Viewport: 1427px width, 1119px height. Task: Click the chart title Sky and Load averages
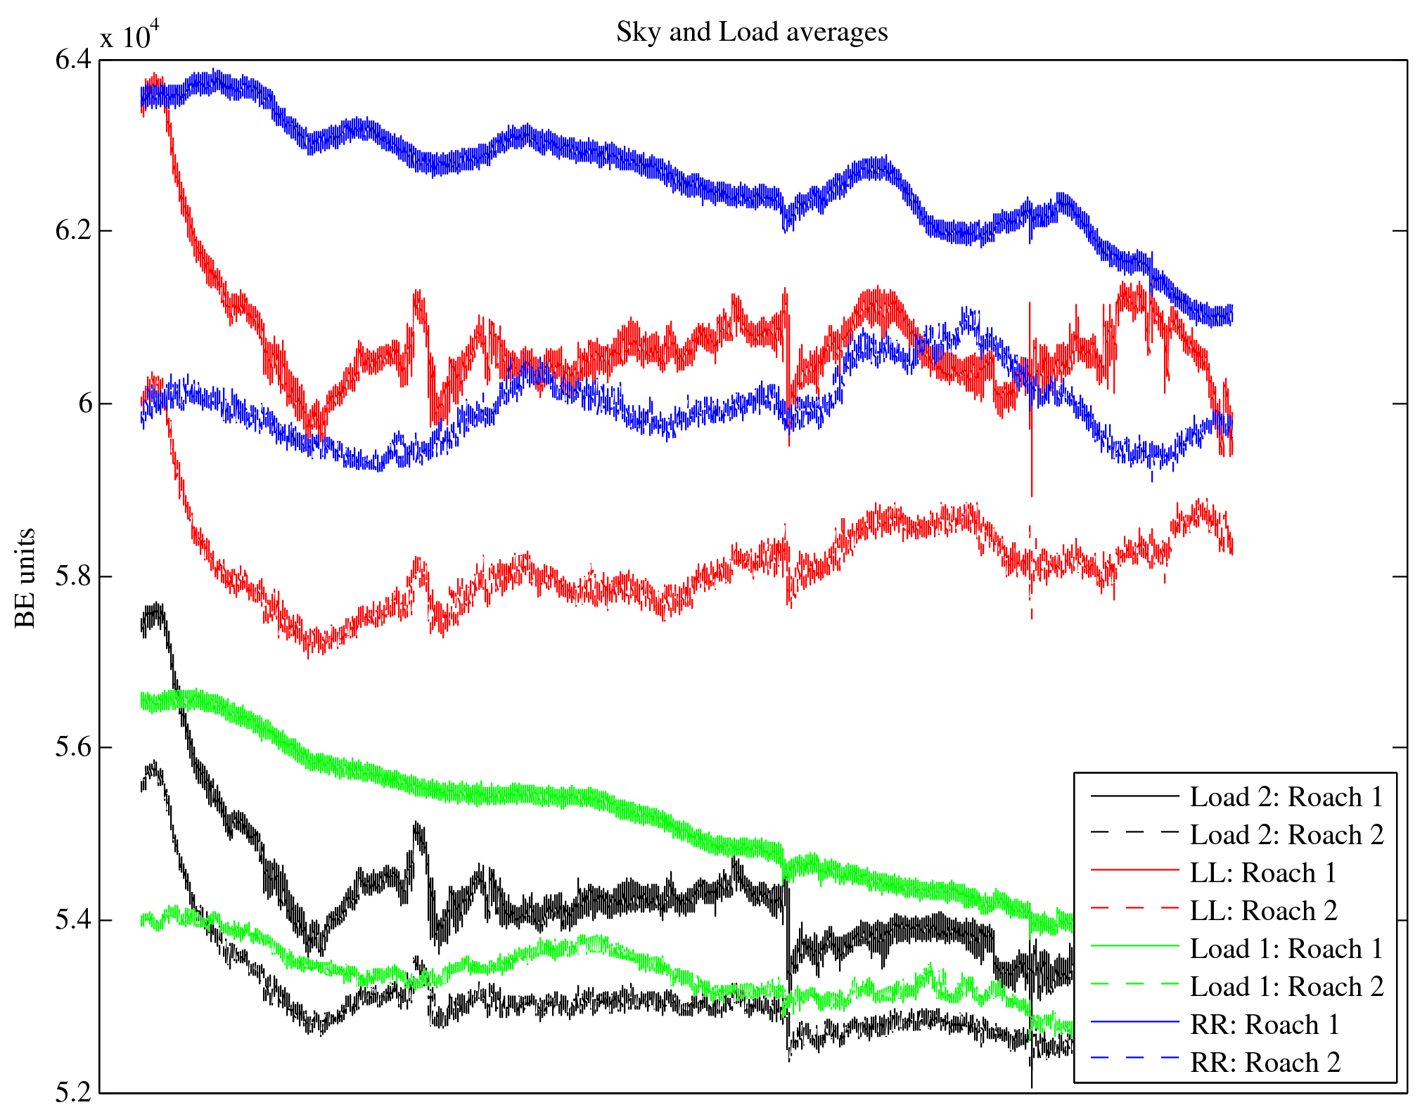click(752, 32)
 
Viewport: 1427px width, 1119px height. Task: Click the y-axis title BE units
click(25, 578)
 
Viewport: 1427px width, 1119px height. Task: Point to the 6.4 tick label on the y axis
click(73, 60)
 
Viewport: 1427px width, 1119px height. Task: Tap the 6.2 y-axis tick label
click(73, 231)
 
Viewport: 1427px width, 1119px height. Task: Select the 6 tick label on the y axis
click(85, 403)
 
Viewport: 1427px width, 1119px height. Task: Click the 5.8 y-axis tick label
click(73, 576)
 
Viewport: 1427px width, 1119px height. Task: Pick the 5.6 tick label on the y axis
click(73, 747)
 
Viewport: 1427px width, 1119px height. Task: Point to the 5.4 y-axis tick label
click(73, 920)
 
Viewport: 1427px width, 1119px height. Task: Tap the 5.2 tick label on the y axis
click(73, 1092)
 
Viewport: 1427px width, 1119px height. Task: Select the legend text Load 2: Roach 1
click(1286, 797)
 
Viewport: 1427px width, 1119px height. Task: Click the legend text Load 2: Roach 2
click(1286, 835)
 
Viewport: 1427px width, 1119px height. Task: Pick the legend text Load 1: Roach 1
click(1286, 949)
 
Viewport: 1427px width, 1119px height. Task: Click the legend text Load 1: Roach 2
click(1286, 987)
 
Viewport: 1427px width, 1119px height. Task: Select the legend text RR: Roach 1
click(1265, 1025)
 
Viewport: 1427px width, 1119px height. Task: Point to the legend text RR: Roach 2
click(1265, 1063)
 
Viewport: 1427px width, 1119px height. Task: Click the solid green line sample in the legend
click(1134, 947)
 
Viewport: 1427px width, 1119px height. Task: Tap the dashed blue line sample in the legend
click(1134, 1058)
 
